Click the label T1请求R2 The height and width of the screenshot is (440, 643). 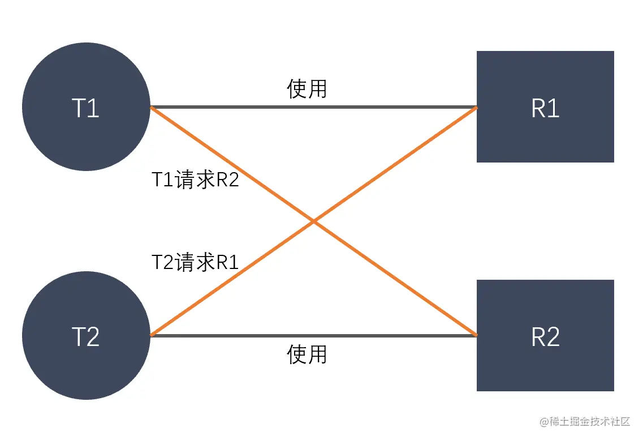pyautogui.click(x=196, y=180)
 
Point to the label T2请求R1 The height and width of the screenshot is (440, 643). pyautogui.click(x=196, y=262)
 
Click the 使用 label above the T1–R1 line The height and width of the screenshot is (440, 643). pyautogui.click(x=307, y=89)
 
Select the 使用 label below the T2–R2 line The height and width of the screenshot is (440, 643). pyautogui.click(x=307, y=354)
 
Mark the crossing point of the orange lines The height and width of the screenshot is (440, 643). pyautogui.click(x=313, y=221)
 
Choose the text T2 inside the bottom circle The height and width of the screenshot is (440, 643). pyautogui.click(x=86, y=337)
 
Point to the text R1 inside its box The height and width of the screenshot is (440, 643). pyautogui.click(x=545, y=108)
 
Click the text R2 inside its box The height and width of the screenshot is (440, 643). pyautogui.click(x=545, y=337)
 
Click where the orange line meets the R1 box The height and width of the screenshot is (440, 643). pyautogui.click(x=476, y=108)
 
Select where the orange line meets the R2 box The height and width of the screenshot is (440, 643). pyautogui.click(x=476, y=335)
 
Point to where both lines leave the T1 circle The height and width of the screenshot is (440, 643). pyautogui.click(x=151, y=107)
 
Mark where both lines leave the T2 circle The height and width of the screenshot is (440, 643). pyautogui.click(x=151, y=335)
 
